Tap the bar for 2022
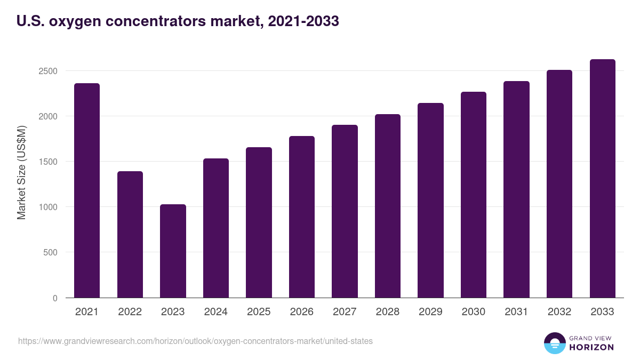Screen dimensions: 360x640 click(130, 235)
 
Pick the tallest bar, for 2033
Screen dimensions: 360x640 click(602, 179)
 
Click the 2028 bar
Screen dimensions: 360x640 click(387, 206)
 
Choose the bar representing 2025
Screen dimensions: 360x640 click(259, 222)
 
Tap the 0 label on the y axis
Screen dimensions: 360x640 click(55, 298)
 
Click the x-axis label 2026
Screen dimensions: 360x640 click(301, 312)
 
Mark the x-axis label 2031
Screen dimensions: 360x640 click(516, 312)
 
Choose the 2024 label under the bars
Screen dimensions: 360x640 click(215, 312)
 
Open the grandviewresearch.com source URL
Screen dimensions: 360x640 click(195, 341)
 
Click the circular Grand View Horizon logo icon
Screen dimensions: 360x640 click(554, 343)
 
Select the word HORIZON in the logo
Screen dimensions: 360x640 click(591, 347)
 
